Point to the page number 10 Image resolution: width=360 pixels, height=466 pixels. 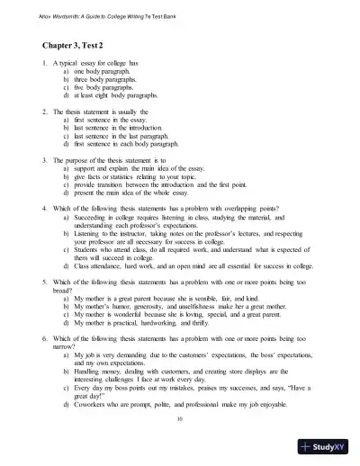[180, 417]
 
